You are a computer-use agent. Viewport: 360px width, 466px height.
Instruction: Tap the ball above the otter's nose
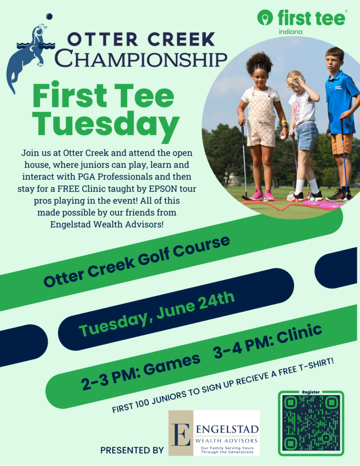tap(49, 16)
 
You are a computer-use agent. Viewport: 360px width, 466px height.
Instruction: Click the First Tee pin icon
tap(265, 18)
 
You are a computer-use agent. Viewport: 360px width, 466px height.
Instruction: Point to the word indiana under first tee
tap(290, 32)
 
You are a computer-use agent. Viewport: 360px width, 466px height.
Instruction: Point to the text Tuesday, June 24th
tap(157, 314)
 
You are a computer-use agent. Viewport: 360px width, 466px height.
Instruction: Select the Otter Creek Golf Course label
tap(137, 262)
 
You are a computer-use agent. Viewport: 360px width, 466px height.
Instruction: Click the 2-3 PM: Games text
tap(141, 371)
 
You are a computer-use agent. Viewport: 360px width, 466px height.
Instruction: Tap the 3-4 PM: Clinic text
tap(268, 341)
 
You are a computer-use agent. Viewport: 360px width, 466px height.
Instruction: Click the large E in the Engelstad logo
tap(181, 434)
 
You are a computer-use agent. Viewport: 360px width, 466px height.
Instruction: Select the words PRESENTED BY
tap(132, 450)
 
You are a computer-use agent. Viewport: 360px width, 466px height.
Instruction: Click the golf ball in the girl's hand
tap(283, 137)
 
